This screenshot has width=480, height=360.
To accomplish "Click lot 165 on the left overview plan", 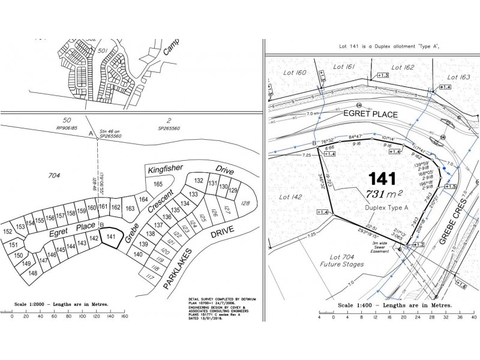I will [x=158, y=184].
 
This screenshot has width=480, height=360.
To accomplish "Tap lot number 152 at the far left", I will [x=8, y=232].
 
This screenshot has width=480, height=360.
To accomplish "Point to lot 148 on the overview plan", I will [x=32, y=273].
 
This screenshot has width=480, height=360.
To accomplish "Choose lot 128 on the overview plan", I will [x=245, y=203].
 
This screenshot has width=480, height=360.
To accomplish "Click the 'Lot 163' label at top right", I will [x=458, y=77].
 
